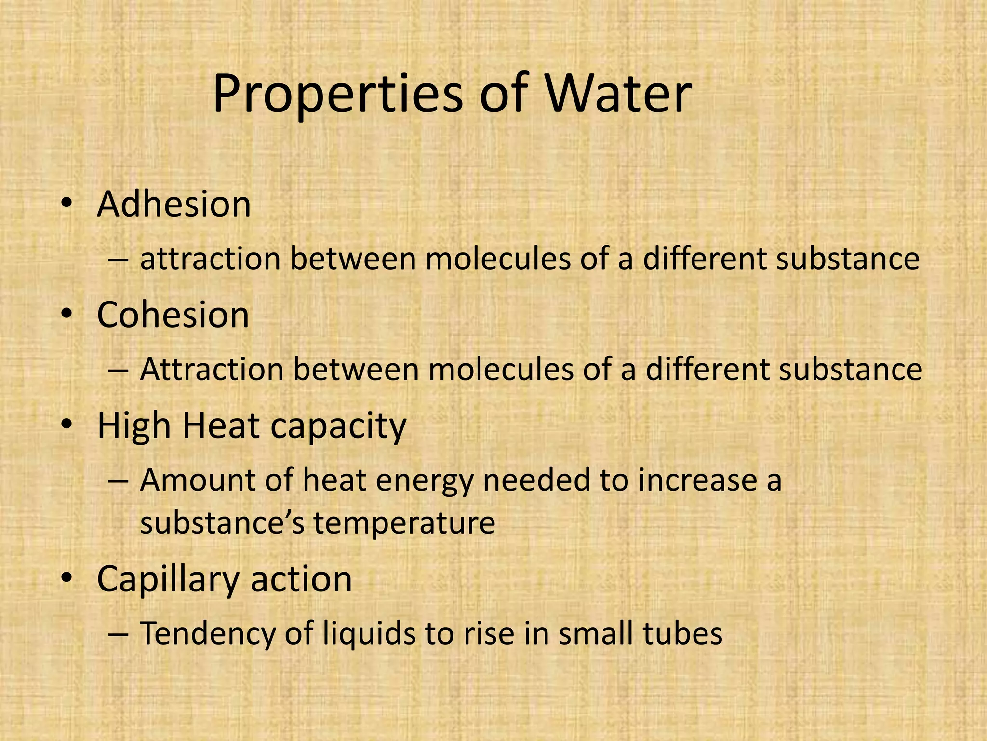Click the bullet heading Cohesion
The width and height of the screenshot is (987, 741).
[x=173, y=315]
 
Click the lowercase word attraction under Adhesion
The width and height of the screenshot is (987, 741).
[x=210, y=259]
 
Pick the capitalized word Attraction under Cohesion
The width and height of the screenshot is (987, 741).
[x=212, y=370]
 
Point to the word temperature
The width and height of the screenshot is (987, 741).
[x=404, y=523]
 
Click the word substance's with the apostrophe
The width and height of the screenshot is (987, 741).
[x=222, y=523]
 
